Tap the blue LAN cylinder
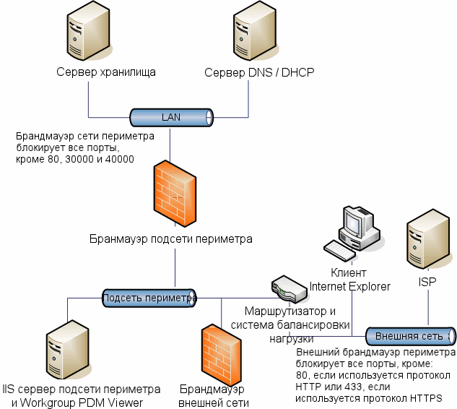tap(171, 117)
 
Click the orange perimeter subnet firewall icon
tap(174, 194)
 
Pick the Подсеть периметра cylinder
tap(149, 298)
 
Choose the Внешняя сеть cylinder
tap(409, 337)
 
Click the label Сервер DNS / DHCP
tap(259, 74)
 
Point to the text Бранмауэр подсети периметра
tap(171, 238)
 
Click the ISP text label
tap(428, 281)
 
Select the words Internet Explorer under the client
tap(350, 287)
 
